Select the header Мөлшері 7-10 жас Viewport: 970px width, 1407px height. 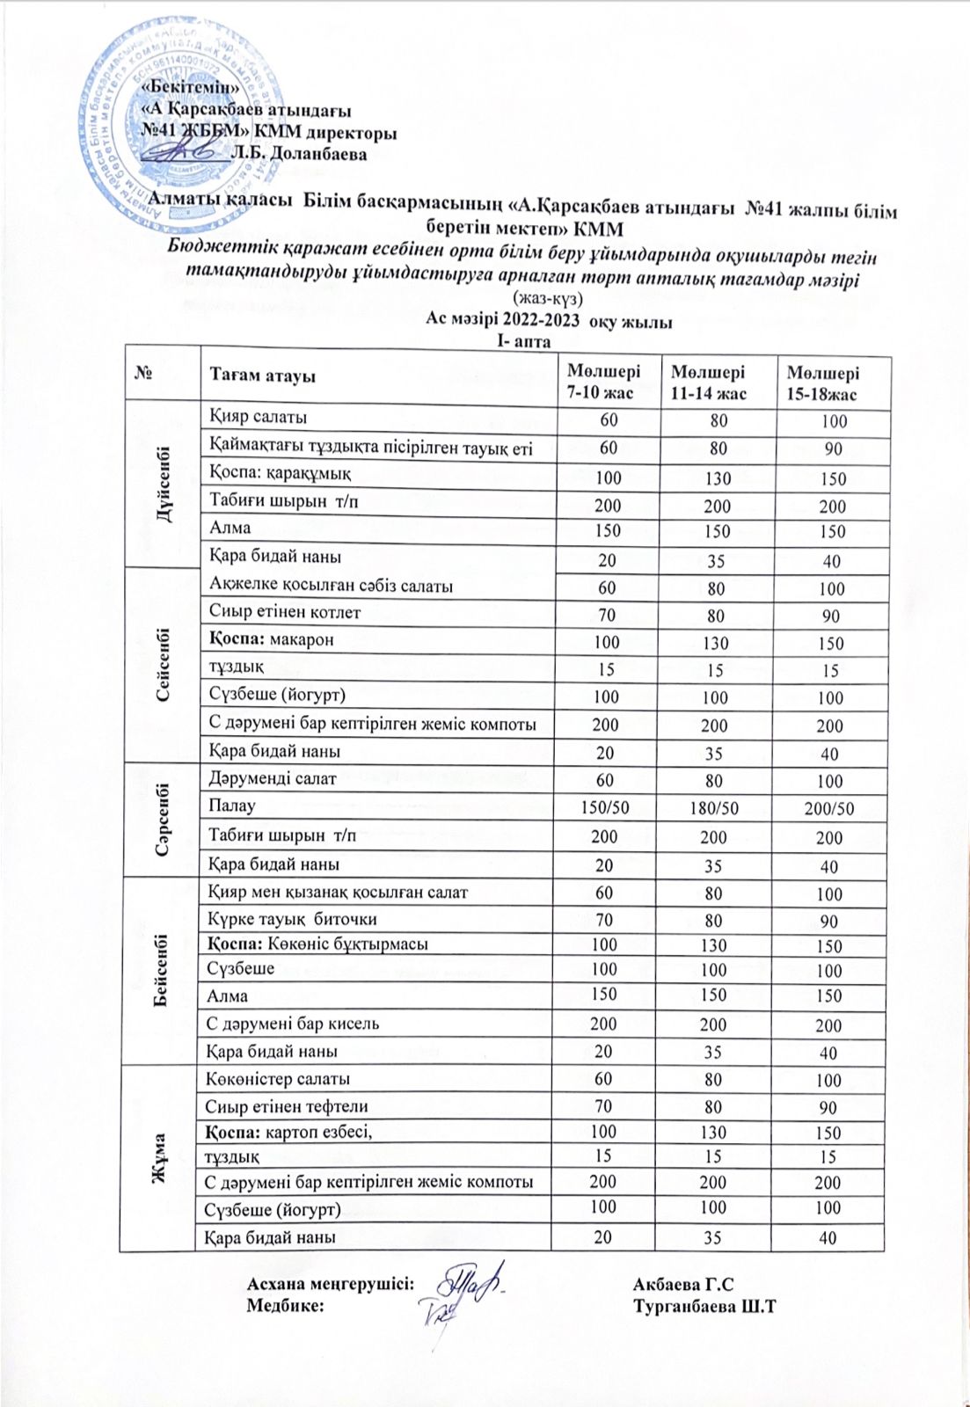[x=603, y=380]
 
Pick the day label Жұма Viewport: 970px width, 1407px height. [x=162, y=1156]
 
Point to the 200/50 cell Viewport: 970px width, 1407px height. [x=828, y=809]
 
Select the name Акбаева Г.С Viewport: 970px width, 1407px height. [x=682, y=1285]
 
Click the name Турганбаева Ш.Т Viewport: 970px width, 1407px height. [x=704, y=1306]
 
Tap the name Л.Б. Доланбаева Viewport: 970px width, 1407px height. [x=298, y=154]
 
